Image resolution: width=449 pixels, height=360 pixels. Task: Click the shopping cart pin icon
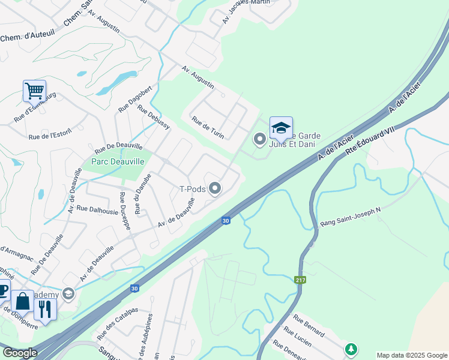(x=34, y=91)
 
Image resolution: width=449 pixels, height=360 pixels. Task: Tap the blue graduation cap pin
(x=281, y=128)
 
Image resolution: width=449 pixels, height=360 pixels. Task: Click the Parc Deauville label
(x=118, y=161)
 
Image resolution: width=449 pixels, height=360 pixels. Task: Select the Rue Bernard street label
(x=309, y=325)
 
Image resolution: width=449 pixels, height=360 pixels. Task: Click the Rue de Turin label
(x=208, y=127)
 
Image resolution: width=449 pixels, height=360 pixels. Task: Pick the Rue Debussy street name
(x=154, y=117)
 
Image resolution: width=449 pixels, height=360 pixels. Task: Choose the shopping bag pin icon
(x=23, y=301)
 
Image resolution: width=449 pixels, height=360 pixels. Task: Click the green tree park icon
(x=351, y=349)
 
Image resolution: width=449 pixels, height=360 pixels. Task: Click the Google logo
(x=19, y=353)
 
